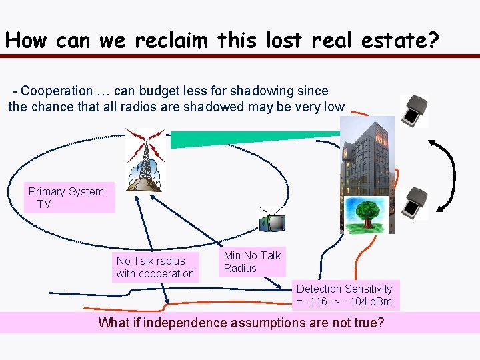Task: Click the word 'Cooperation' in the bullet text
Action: click(57, 91)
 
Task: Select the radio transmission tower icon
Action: click(145, 159)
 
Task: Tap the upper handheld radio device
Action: click(415, 111)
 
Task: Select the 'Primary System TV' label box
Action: click(67, 198)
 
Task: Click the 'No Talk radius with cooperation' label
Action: click(155, 267)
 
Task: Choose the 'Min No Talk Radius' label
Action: click(253, 262)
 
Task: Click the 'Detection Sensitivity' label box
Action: click(345, 295)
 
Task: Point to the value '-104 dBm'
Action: click(369, 302)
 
